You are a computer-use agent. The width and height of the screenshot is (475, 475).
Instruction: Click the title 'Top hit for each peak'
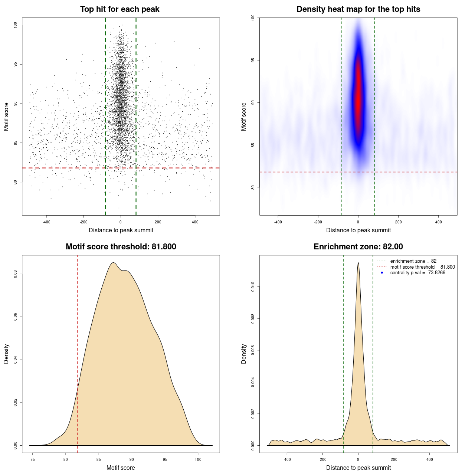tap(120, 9)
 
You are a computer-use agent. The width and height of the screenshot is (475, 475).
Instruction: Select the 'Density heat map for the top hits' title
tap(358, 9)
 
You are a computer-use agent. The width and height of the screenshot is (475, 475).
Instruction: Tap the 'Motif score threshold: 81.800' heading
tap(121, 247)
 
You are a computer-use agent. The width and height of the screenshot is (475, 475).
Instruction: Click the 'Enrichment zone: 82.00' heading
tap(358, 247)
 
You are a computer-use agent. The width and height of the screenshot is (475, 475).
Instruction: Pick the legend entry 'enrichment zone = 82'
tap(413, 261)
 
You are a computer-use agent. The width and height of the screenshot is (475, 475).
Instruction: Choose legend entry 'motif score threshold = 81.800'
tap(422, 267)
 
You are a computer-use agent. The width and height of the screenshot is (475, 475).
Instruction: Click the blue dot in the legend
tap(382, 273)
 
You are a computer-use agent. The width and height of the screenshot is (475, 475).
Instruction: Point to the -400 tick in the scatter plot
tap(46, 222)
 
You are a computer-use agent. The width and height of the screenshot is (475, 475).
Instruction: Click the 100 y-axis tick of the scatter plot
tap(15, 25)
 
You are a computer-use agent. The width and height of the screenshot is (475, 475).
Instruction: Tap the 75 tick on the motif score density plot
tap(33, 459)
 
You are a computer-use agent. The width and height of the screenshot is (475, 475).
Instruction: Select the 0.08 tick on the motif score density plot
tap(15, 274)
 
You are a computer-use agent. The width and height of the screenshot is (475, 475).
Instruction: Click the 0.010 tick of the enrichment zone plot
tap(253, 286)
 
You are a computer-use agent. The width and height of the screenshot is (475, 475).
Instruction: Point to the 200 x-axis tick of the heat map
tap(398, 222)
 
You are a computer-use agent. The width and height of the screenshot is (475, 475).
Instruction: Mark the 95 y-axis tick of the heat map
tap(253, 60)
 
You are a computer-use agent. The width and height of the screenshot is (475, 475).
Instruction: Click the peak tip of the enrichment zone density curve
tap(358, 263)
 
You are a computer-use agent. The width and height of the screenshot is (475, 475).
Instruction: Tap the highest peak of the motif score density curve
tap(114, 263)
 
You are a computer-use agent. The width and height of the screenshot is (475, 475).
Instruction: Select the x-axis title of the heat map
tap(358, 230)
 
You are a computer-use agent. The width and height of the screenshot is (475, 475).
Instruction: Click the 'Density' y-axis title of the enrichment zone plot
tap(244, 354)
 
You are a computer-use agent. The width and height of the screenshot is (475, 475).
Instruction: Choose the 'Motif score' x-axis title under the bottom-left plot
tap(121, 468)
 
